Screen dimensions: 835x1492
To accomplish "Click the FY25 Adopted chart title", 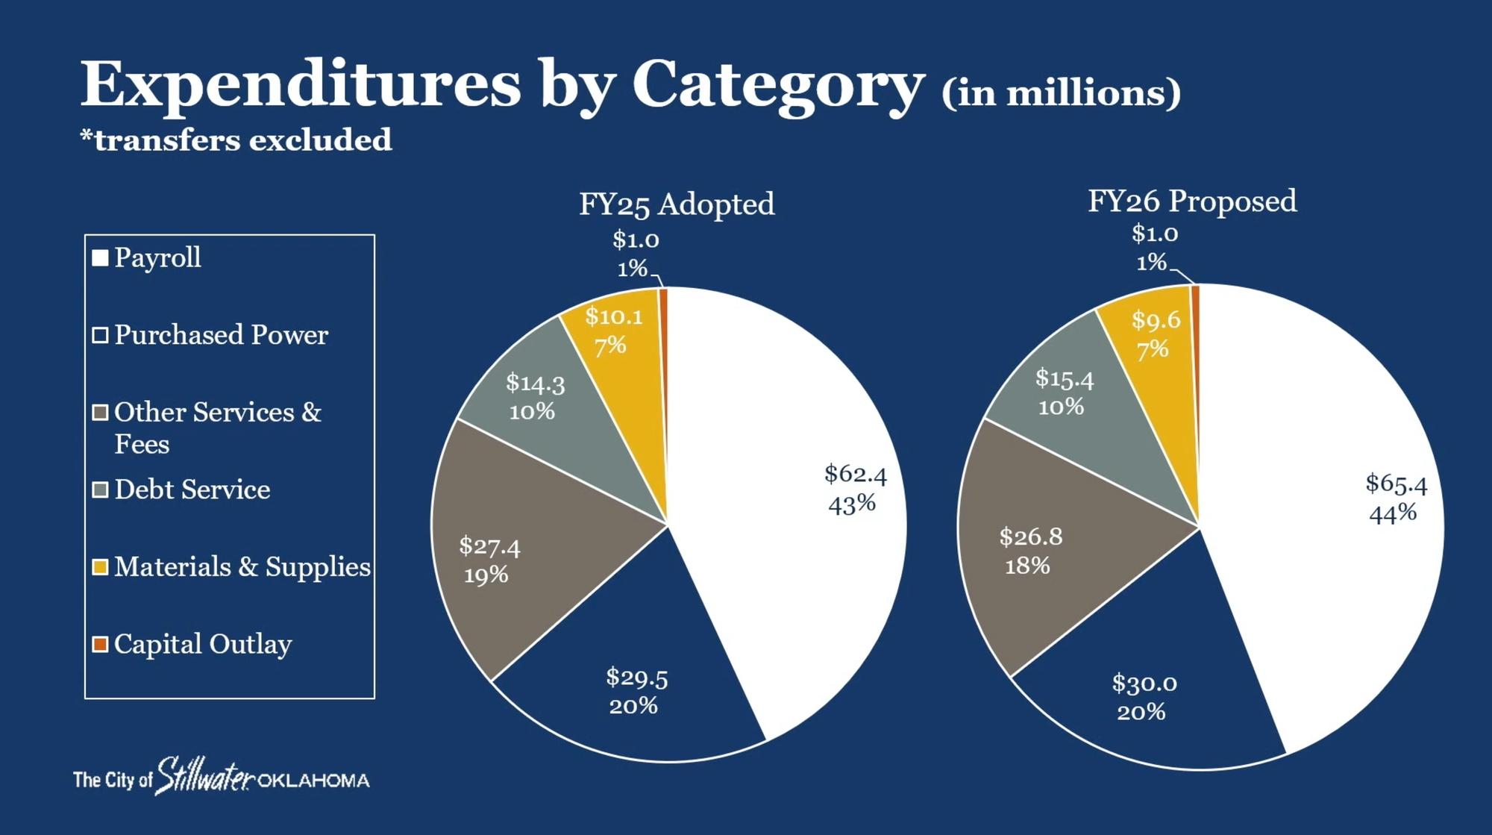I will point(677,204).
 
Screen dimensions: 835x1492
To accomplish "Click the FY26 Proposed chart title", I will point(1191,201).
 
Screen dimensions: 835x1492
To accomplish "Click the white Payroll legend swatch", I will point(100,258).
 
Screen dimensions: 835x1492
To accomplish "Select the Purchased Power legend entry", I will point(221,335).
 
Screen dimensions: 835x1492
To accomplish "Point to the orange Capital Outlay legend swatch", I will point(100,644).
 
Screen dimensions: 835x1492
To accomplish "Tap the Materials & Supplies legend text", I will point(242,567).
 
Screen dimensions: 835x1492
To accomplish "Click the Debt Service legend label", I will point(192,490).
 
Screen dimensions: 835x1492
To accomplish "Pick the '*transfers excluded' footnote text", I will point(236,140).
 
